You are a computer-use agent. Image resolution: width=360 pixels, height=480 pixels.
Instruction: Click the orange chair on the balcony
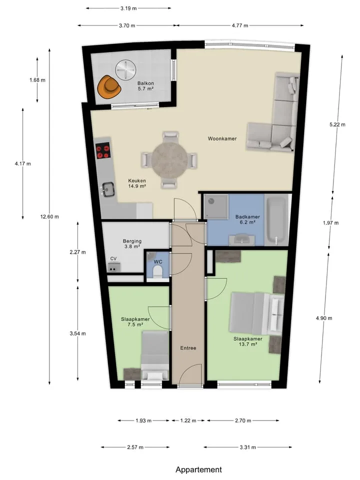(108, 86)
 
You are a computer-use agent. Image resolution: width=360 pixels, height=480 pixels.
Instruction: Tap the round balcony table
(125, 69)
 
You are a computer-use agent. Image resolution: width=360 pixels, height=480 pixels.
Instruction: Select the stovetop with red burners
(103, 151)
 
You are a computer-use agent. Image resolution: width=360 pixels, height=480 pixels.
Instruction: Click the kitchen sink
(108, 189)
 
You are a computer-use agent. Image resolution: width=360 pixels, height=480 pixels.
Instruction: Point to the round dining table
(169, 160)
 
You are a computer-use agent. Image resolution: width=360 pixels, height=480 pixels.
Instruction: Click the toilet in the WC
(157, 271)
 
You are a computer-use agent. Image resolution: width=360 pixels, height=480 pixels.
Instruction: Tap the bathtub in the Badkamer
(276, 220)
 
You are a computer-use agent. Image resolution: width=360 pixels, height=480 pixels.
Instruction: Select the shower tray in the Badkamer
(216, 206)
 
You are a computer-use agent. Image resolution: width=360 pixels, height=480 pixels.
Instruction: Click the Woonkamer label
(222, 138)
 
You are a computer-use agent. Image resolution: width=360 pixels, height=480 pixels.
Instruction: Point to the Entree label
(188, 348)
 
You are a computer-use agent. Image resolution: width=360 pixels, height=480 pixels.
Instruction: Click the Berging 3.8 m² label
(132, 243)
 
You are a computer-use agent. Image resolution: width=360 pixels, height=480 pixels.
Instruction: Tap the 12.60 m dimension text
(49, 216)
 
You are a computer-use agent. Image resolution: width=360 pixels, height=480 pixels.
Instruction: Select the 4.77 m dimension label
(240, 25)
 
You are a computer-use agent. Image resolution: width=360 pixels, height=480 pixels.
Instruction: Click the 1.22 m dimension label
(188, 420)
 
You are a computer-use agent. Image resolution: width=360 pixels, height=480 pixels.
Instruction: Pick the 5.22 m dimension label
(337, 124)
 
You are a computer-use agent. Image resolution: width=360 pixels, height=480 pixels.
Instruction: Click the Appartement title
(198, 469)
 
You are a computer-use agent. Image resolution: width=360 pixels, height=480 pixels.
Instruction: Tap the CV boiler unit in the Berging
(114, 267)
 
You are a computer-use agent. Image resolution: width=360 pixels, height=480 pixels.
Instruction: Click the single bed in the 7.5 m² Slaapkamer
(155, 355)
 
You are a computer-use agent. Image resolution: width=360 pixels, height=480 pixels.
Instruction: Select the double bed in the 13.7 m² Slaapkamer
(257, 313)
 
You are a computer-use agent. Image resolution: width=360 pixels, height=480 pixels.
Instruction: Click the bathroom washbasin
(244, 239)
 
